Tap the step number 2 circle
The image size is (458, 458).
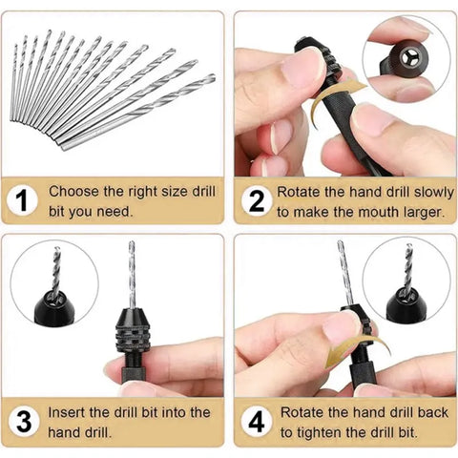(x=255, y=201)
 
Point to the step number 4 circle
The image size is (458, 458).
(x=255, y=422)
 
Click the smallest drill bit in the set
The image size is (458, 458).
(x=16, y=81)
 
